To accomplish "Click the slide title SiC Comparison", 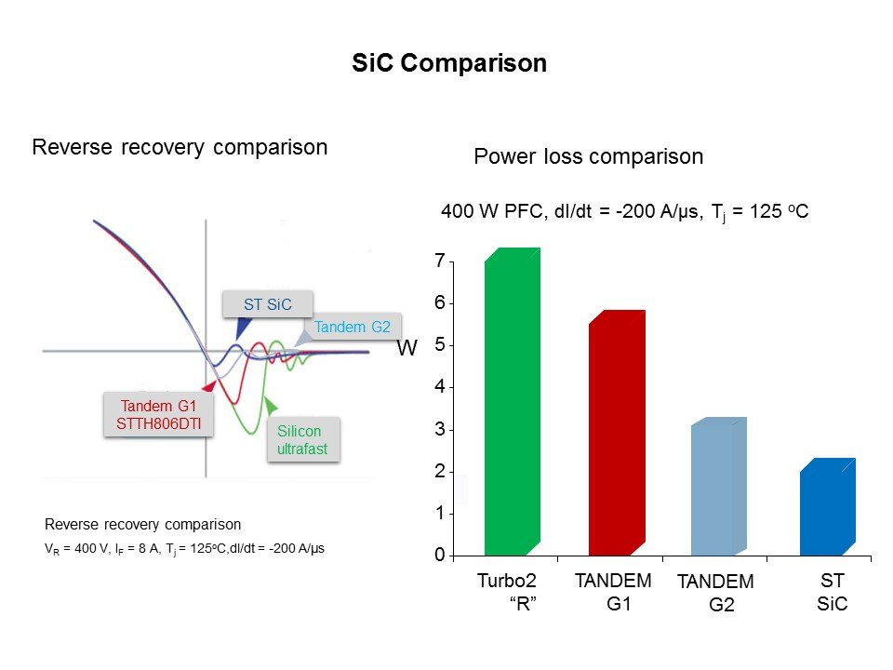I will coord(449,63).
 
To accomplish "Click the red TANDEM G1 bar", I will coord(617,433).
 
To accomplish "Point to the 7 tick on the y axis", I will coord(439,261).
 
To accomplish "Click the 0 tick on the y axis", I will coord(439,556).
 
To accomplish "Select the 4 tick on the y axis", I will coord(439,387).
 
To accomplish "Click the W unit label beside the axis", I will coord(407,348).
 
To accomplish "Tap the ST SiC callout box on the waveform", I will coord(268,303).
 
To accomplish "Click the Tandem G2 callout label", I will coord(353,327).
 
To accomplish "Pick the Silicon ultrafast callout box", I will coord(303,440).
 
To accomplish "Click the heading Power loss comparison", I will coord(588,156).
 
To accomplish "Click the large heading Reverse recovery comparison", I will coord(180,147).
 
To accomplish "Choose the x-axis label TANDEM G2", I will coord(715,593).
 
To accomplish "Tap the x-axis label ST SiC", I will coord(832,592).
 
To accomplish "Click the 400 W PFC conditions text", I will coord(623,212).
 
